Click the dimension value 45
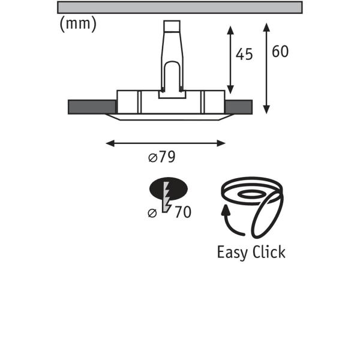tap(244, 55)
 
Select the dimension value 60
tap(280, 52)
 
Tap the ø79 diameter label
tap(162, 157)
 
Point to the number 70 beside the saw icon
tap(183, 212)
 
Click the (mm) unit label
tap(78, 25)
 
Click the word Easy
tap(232, 253)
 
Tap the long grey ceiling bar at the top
tap(180, 7)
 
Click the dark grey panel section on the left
tap(92, 107)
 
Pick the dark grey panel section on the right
tap(239, 107)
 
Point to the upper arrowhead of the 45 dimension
tap(230, 31)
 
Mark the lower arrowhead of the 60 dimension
tap(266, 109)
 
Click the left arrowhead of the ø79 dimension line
tap(110, 143)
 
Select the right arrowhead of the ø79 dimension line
tap(221, 143)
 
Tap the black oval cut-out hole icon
tap(169, 188)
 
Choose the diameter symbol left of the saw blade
tap(152, 213)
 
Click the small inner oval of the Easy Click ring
tap(250, 194)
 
